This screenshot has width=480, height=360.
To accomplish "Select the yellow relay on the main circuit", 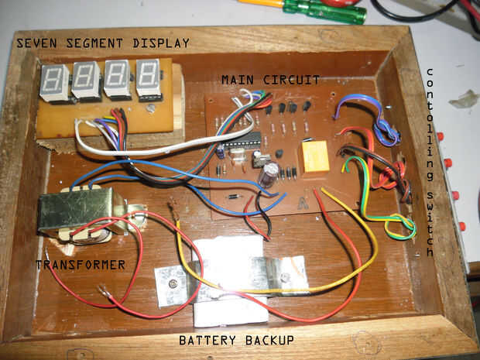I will (x=317, y=156).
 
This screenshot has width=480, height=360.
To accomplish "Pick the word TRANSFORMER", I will (x=81, y=265).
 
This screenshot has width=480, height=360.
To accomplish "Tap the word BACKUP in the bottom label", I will (x=266, y=340).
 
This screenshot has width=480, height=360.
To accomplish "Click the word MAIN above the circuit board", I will (x=237, y=79).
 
